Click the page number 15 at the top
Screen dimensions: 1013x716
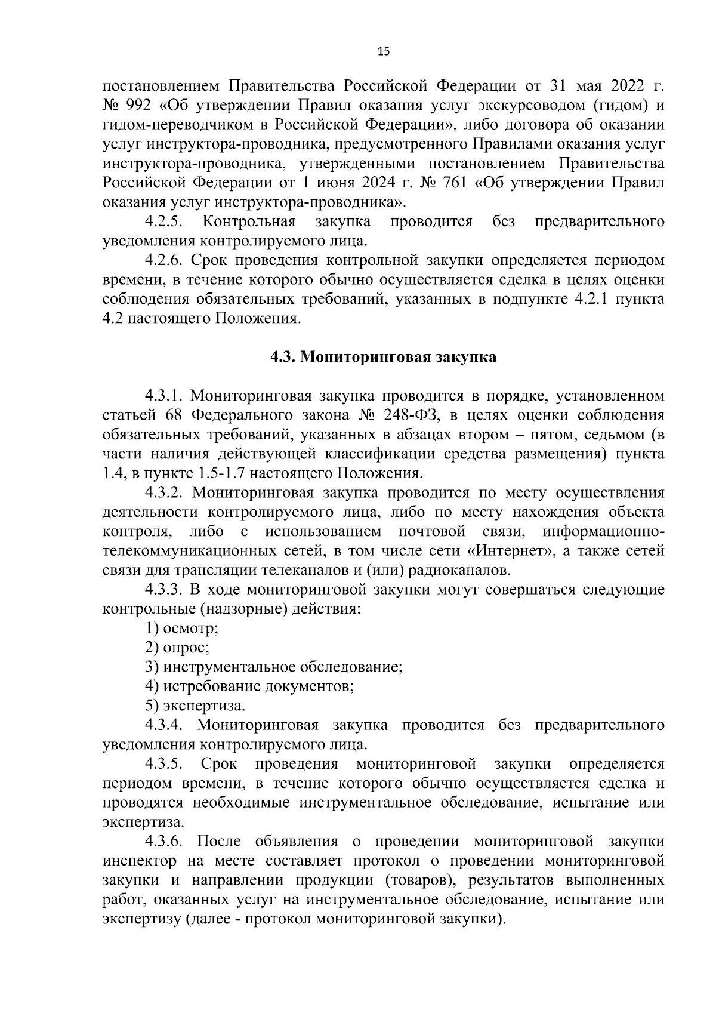(x=383, y=52)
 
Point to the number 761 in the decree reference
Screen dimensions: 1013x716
(x=453, y=183)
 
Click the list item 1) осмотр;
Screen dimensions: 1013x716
(x=182, y=629)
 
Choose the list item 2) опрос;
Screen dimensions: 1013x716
(x=177, y=648)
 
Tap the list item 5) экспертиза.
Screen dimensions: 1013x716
(x=195, y=706)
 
